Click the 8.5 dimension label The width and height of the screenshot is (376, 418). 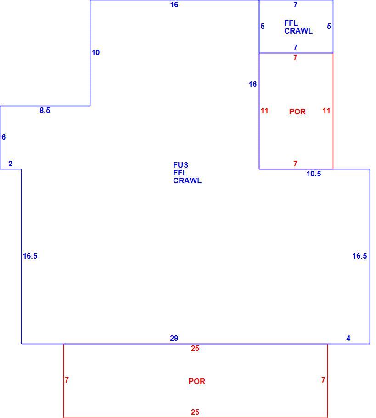click(x=45, y=110)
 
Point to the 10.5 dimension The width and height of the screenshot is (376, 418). click(x=314, y=174)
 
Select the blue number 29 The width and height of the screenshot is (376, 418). click(x=174, y=338)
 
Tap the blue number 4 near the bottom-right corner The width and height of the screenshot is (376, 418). click(x=348, y=338)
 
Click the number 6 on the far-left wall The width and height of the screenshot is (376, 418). click(x=4, y=137)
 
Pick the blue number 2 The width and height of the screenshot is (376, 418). click(x=11, y=164)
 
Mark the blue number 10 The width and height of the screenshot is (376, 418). click(x=95, y=52)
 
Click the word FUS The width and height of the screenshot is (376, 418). click(x=181, y=165)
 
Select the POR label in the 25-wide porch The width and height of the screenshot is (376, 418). click(x=197, y=381)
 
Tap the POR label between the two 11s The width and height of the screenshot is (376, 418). click(x=297, y=112)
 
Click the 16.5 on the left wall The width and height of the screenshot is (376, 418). click(x=30, y=256)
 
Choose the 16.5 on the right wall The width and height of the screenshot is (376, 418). click(x=360, y=256)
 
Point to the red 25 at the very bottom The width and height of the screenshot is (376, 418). click(x=195, y=412)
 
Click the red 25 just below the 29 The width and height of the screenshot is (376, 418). click(x=195, y=348)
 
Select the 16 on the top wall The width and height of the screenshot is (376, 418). click(x=174, y=5)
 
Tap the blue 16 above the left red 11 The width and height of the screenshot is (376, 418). click(x=253, y=84)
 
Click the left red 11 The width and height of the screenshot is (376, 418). click(x=264, y=111)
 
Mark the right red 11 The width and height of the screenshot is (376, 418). click(x=326, y=111)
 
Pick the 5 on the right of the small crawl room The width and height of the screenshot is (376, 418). click(x=329, y=26)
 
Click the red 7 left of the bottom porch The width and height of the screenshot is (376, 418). click(x=67, y=380)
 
